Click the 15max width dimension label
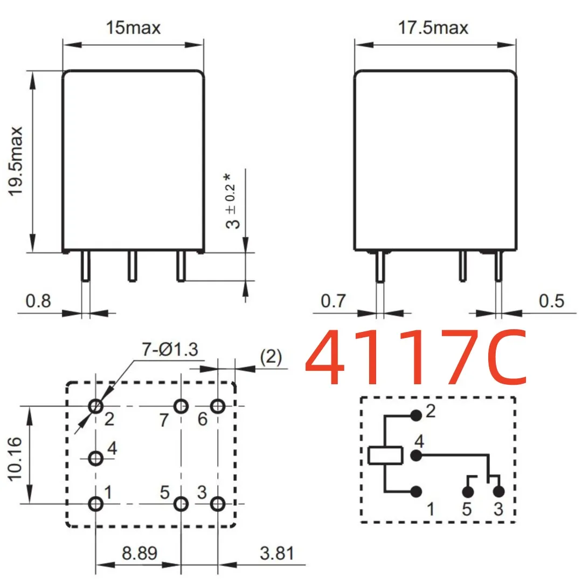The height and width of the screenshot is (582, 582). (x=133, y=27)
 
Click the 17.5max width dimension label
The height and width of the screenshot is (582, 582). (x=433, y=27)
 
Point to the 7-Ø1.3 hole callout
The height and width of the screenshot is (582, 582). (x=170, y=350)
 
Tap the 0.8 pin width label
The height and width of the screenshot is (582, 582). (x=38, y=300)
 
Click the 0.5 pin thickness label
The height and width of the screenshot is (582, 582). (x=551, y=300)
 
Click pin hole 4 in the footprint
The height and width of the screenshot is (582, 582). (x=96, y=459)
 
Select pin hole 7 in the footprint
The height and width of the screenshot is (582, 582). (x=181, y=406)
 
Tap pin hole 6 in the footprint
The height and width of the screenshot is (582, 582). (x=218, y=406)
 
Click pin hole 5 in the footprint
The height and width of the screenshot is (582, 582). (x=181, y=504)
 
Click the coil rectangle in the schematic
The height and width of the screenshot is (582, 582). (x=385, y=455)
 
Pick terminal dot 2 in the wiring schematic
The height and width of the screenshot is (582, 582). (x=415, y=415)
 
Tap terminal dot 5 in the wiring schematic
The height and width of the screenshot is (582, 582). (x=468, y=491)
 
